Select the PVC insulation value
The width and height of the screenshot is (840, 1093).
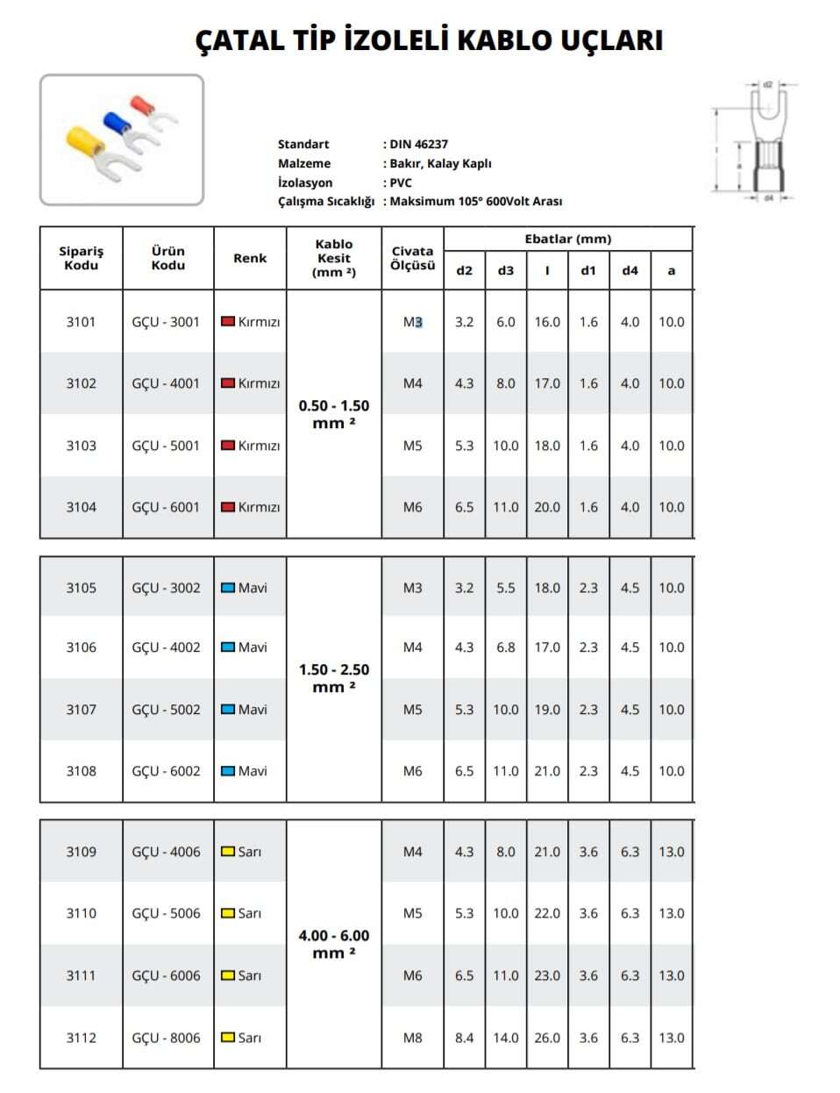click(x=401, y=182)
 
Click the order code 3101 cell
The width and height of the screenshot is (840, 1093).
click(x=82, y=322)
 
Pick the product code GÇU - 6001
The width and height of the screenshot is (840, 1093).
click(x=166, y=507)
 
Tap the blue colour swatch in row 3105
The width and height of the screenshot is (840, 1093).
click(x=228, y=588)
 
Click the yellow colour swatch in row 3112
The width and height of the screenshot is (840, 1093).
click(x=228, y=1038)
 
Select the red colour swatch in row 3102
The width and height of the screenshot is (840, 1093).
click(x=228, y=383)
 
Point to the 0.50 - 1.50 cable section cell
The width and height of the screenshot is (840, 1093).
click(x=334, y=414)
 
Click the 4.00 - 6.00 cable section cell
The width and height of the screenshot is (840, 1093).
click(x=334, y=944)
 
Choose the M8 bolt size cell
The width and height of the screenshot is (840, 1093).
click(x=412, y=1038)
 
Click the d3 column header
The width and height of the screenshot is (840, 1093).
click(x=506, y=270)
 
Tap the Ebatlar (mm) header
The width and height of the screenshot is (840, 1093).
click(x=568, y=239)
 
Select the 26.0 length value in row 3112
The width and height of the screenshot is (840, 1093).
click(x=547, y=1038)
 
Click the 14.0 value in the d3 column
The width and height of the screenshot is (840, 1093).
click(x=506, y=1038)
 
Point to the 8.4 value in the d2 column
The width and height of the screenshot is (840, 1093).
click(x=465, y=1038)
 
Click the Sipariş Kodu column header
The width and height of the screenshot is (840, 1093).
click(x=82, y=258)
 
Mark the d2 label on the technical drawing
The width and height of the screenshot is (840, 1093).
click(x=768, y=85)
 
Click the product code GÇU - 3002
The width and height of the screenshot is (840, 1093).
click(x=166, y=588)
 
